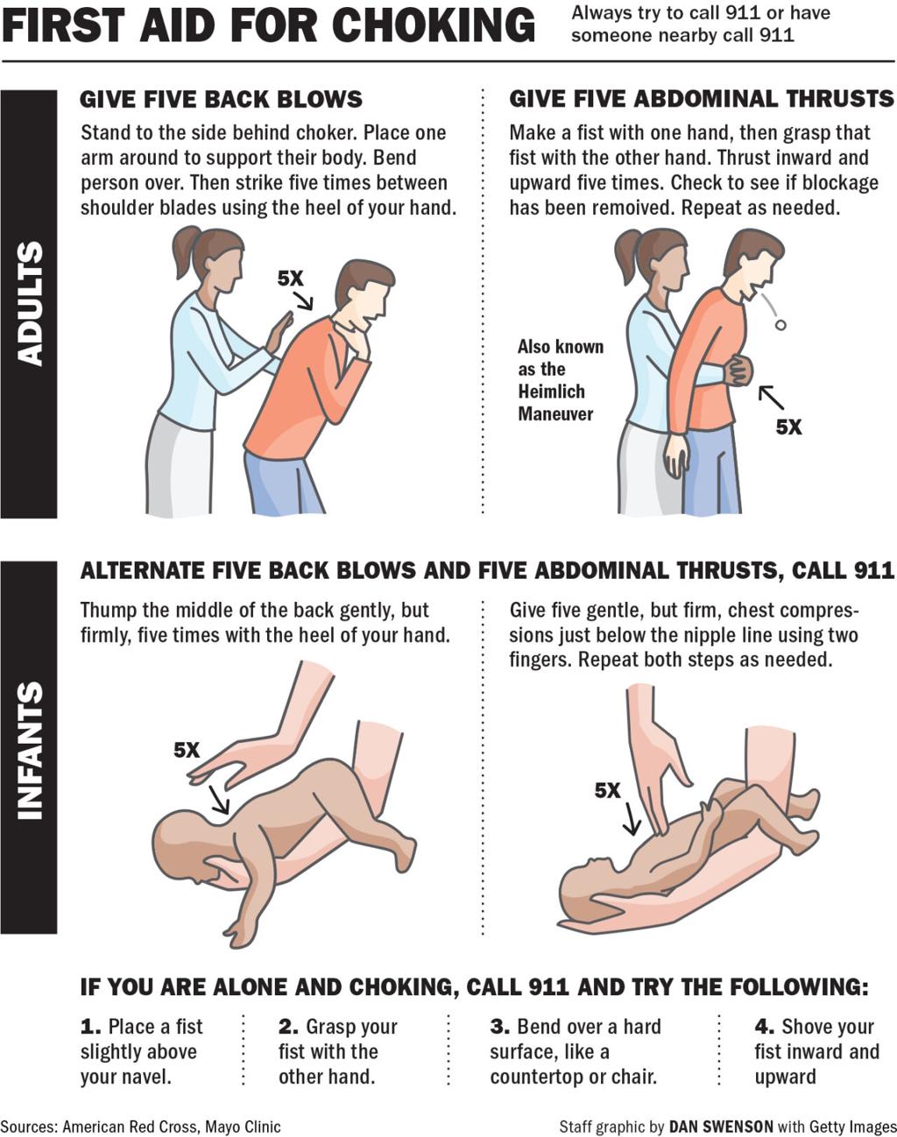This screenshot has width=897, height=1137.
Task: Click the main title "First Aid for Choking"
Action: [x=268, y=25]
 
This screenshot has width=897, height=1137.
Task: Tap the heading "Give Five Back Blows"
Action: [x=221, y=99]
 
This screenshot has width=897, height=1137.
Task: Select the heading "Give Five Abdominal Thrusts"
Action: [x=701, y=99]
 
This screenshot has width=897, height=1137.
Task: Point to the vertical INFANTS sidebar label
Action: [x=29, y=750]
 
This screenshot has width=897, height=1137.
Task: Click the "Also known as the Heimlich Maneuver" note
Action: [x=560, y=380]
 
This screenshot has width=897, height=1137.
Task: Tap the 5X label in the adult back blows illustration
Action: [x=290, y=279]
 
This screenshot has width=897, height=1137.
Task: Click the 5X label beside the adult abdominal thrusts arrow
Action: [x=788, y=427]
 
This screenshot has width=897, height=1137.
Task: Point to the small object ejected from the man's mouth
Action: [x=780, y=326]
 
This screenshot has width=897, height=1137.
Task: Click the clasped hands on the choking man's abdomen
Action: [x=738, y=370]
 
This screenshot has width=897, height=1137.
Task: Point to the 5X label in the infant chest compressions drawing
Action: [x=607, y=790]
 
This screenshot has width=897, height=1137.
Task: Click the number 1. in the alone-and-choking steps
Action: [x=90, y=1027]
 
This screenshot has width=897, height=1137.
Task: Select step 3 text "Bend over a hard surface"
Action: [x=575, y=1051]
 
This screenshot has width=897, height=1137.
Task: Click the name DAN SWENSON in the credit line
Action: [x=721, y=1126]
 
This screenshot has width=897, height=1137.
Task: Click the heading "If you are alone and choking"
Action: [x=474, y=987]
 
